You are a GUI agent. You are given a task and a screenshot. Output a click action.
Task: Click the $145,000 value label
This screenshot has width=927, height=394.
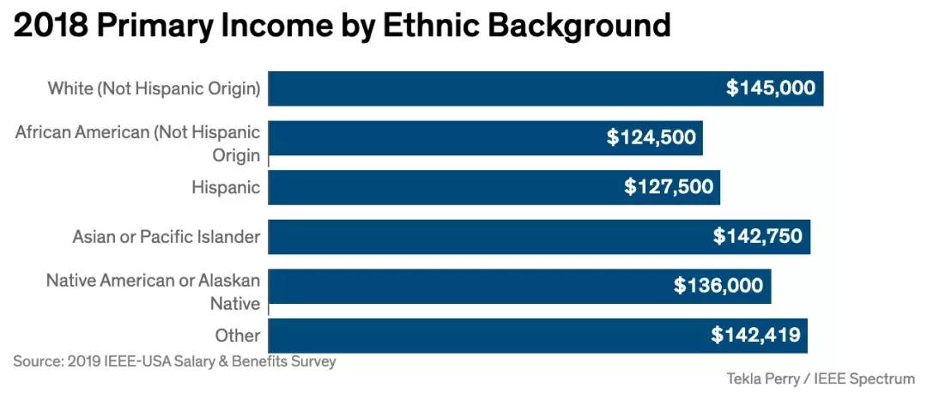[770, 88]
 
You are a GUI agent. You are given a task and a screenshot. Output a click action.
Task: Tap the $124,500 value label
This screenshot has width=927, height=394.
[651, 137]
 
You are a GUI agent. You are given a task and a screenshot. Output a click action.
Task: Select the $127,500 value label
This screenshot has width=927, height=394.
[669, 187]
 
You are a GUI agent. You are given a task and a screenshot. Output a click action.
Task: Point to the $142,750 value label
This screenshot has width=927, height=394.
[757, 236]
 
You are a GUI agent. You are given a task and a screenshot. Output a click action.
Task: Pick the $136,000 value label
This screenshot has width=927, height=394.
[718, 286]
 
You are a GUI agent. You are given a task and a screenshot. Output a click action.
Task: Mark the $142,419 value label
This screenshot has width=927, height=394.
[755, 336]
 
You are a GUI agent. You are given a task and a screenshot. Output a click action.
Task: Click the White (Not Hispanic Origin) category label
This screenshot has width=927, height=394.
[154, 88]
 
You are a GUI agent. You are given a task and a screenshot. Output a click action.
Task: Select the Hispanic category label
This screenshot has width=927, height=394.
[225, 187]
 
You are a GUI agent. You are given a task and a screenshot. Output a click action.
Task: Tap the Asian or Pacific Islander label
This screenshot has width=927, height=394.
[166, 236]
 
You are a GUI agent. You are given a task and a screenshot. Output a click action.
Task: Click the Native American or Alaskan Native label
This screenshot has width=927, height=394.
[153, 292]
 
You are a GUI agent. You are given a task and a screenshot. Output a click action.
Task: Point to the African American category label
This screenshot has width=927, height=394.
[137, 143]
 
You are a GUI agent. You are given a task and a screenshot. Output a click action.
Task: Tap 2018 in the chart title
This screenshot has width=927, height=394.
[50, 26]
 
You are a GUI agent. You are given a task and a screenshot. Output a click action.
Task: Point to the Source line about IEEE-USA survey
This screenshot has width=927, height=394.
[174, 361]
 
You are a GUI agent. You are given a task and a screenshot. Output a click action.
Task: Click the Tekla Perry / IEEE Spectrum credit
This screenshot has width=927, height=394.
[821, 379]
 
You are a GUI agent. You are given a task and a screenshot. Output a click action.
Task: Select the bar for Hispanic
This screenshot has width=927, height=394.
[494, 187]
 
